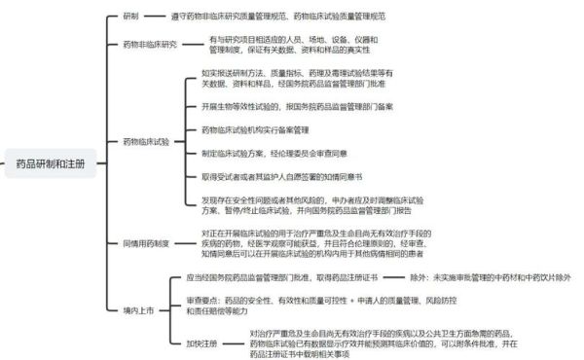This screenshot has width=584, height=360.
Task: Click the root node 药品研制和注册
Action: click(51, 162)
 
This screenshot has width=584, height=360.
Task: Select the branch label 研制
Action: click(131, 16)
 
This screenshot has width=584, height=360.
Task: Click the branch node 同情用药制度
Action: click(147, 241)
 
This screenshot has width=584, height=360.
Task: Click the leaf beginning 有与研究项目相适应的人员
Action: click(293, 45)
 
